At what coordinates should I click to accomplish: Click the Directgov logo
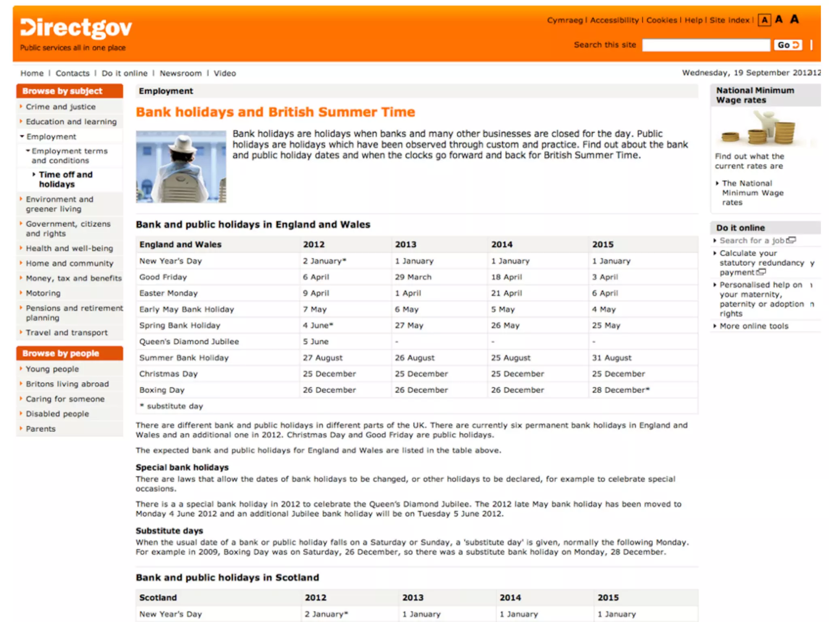pos(76,28)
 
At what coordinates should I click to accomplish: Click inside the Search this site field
pos(706,45)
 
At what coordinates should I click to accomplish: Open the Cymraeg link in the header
pos(565,20)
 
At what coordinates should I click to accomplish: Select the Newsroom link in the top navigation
pos(181,73)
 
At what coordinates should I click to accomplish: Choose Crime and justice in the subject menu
pos(61,107)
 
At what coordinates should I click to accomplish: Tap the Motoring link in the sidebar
pos(43,293)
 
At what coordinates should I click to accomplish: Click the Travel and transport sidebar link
pos(67,332)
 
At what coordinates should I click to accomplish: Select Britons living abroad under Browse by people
pos(67,384)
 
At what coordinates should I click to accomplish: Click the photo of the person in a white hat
pos(181,166)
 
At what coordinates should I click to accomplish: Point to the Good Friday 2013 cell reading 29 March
pos(413,277)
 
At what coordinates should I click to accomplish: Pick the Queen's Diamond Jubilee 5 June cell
pos(316,341)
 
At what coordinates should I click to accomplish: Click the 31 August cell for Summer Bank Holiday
pos(612,358)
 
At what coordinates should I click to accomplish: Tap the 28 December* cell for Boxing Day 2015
pos(620,390)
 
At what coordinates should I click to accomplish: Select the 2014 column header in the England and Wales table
pos(502,245)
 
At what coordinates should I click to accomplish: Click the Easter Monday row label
pos(168,293)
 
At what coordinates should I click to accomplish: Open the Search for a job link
pos(752,241)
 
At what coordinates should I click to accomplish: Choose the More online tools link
pos(754,326)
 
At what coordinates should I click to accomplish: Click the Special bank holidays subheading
pos(182,467)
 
